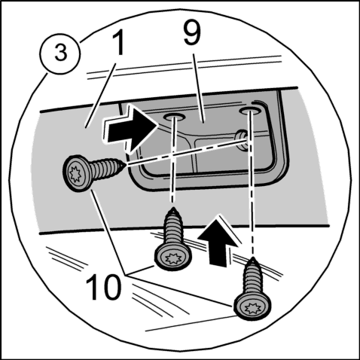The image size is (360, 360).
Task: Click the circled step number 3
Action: coord(60,53)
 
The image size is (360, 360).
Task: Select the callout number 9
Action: coord(192,32)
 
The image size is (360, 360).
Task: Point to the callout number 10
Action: coord(103,287)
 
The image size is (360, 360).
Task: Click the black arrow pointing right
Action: coord(130,127)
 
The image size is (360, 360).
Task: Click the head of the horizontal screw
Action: coord(77,174)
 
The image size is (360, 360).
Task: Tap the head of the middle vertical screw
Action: coord(173,258)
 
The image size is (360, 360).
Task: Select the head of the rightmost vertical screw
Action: coord(252,307)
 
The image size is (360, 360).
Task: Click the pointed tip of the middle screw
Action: coord(172,208)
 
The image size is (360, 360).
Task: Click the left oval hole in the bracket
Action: coord(173,116)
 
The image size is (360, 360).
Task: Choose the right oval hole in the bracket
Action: coord(249,111)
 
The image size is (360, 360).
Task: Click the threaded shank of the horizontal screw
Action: coord(105,168)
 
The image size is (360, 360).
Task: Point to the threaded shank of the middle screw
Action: coord(173,229)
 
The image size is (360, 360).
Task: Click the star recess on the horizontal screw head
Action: coord(75,174)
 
